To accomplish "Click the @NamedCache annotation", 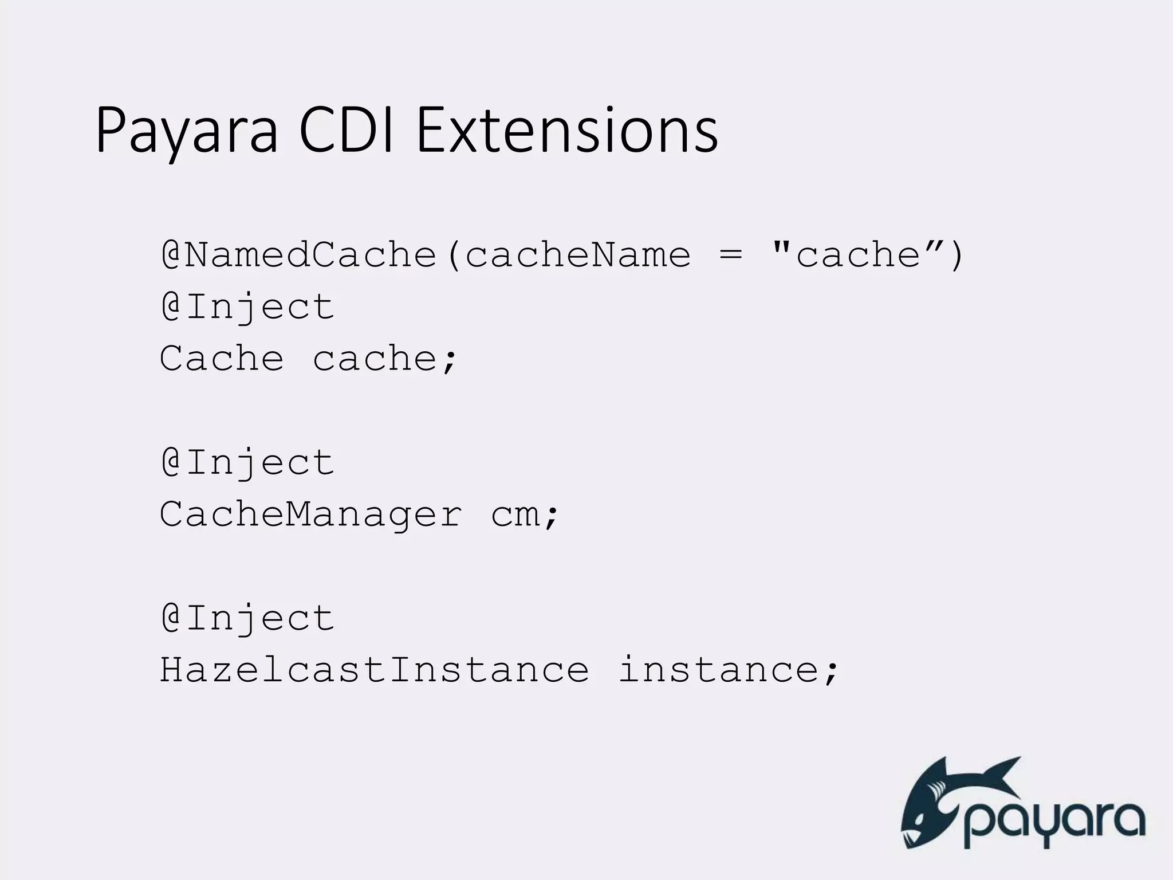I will [x=298, y=255].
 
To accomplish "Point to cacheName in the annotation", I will [x=577, y=255].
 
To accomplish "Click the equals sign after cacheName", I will [x=730, y=255].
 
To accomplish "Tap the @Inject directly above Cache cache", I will [x=247, y=307].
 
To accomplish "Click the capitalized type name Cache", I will [x=222, y=359].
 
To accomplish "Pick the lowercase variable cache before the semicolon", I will [x=375, y=359].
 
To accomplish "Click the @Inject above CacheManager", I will [x=247, y=463].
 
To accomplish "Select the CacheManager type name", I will [x=310, y=514].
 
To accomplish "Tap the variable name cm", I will [x=515, y=514].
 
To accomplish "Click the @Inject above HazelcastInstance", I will [x=247, y=619].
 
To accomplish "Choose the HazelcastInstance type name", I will [x=375, y=670].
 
